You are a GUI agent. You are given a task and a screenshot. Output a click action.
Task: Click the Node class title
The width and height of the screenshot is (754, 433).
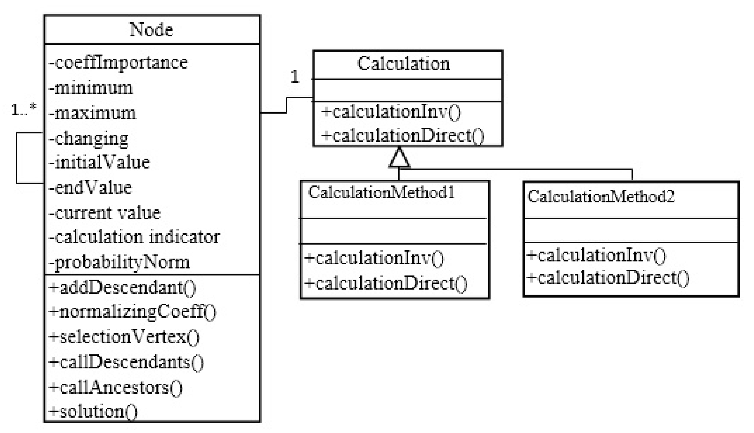point(151,30)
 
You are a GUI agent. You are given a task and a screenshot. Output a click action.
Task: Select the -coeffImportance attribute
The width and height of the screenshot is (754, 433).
point(118,63)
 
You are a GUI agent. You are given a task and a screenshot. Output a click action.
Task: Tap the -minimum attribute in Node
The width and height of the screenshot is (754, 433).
point(91,88)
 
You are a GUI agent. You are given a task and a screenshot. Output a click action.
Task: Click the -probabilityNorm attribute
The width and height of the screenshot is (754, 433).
point(119,262)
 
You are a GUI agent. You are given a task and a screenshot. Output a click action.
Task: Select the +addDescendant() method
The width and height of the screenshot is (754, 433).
point(122,288)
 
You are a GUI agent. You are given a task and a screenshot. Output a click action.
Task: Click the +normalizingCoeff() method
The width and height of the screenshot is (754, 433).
point(132,312)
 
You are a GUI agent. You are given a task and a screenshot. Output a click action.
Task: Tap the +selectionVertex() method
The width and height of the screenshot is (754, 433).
point(124,337)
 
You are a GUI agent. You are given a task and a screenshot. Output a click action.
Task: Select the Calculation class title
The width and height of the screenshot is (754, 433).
point(404,64)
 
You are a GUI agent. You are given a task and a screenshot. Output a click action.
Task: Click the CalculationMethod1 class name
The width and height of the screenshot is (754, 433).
point(381,192)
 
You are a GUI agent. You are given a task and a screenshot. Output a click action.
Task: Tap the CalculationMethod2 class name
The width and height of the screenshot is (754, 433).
point(601,197)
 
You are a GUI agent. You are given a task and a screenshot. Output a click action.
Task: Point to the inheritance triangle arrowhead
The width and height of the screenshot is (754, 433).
point(399,159)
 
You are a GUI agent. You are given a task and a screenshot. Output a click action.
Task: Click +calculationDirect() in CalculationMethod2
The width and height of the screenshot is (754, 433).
point(608,278)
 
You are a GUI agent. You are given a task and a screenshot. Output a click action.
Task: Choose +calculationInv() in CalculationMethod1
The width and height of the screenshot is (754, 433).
point(374,258)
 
